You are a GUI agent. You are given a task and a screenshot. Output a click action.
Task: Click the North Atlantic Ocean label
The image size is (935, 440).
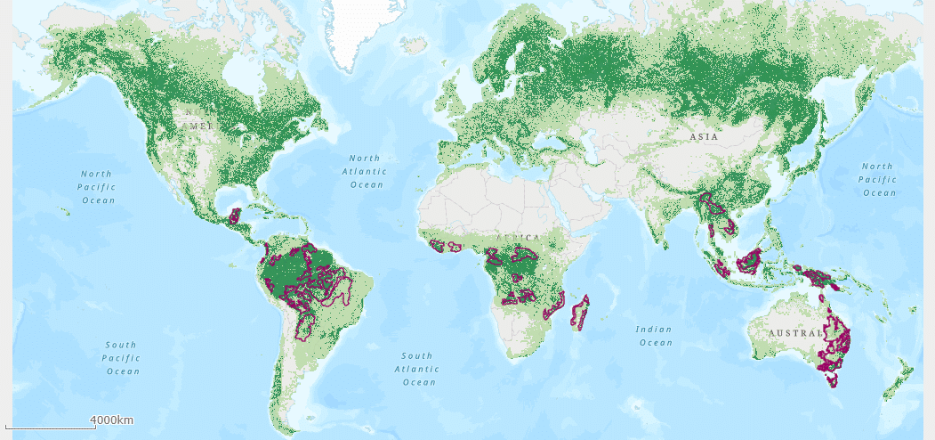(366, 171)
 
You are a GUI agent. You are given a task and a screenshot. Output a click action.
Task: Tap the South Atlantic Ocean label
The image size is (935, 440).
(420, 369)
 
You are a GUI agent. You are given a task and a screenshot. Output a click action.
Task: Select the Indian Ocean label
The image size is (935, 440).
(654, 336)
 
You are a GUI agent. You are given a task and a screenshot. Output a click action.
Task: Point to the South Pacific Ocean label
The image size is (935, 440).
(122, 358)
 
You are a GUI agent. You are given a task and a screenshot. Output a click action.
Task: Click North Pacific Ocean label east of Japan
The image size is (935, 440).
(877, 179)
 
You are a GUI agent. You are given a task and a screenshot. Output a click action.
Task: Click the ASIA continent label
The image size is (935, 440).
(704, 137)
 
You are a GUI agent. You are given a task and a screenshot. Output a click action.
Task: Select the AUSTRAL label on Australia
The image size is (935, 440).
(787, 333)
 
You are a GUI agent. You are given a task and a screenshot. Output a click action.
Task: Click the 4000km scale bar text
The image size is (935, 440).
(111, 420)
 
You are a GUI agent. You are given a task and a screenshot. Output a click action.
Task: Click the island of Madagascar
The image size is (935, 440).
(580, 314)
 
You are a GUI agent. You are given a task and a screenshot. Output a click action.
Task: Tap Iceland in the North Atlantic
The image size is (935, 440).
(414, 44)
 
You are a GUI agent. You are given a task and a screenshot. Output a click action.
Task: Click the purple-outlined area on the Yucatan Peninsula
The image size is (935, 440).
(235, 216)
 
